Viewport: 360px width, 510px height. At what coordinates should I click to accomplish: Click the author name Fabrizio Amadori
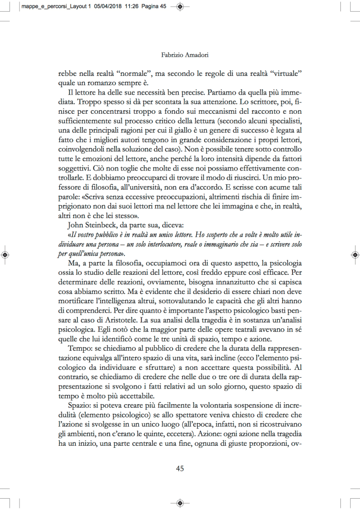pos(180,55)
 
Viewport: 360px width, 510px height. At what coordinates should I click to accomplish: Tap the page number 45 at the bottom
pos(180,468)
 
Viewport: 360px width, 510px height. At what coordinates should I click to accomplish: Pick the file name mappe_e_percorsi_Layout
pos(47,6)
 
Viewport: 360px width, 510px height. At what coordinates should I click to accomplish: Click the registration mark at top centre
pos(180,7)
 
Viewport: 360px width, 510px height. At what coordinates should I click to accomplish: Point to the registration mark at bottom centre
pos(180,503)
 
